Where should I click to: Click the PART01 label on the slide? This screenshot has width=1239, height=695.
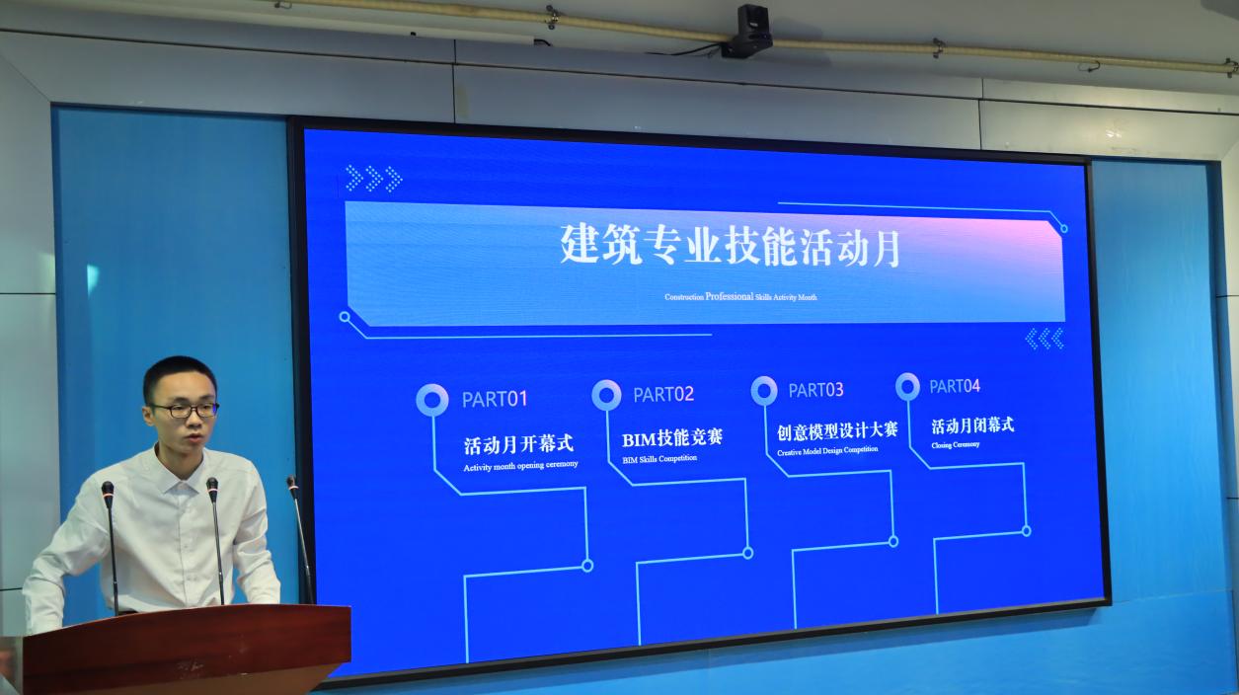(x=495, y=399)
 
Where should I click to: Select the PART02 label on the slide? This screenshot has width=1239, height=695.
(x=663, y=395)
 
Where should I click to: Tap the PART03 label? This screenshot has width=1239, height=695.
(x=815, y=390)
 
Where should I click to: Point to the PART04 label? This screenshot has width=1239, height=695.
(x=955, y=386)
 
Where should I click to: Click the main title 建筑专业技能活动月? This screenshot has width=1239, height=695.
(x=731, y=245)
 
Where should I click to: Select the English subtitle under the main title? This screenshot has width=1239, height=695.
(x=740, y=297)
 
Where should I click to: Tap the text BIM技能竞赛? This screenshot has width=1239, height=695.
(x=672, y=439)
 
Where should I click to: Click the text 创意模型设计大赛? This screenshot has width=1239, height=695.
(x=837, y=431)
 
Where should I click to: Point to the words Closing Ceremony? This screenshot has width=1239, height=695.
(x=956, y=444)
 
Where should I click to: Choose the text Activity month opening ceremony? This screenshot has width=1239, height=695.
(x=520, y=466)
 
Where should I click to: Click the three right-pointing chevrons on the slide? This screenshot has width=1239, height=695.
(x=374, y=178)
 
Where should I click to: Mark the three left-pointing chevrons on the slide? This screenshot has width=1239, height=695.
(x=1045, y=339)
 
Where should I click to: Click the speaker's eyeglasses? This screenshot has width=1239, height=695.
(x=186, y=411)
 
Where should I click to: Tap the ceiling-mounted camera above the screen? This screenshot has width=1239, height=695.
(x=746, y=32)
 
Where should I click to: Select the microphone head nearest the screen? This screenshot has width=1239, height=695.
(x=291, y=484)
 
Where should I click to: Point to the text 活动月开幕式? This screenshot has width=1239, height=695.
(x=519, y=445)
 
